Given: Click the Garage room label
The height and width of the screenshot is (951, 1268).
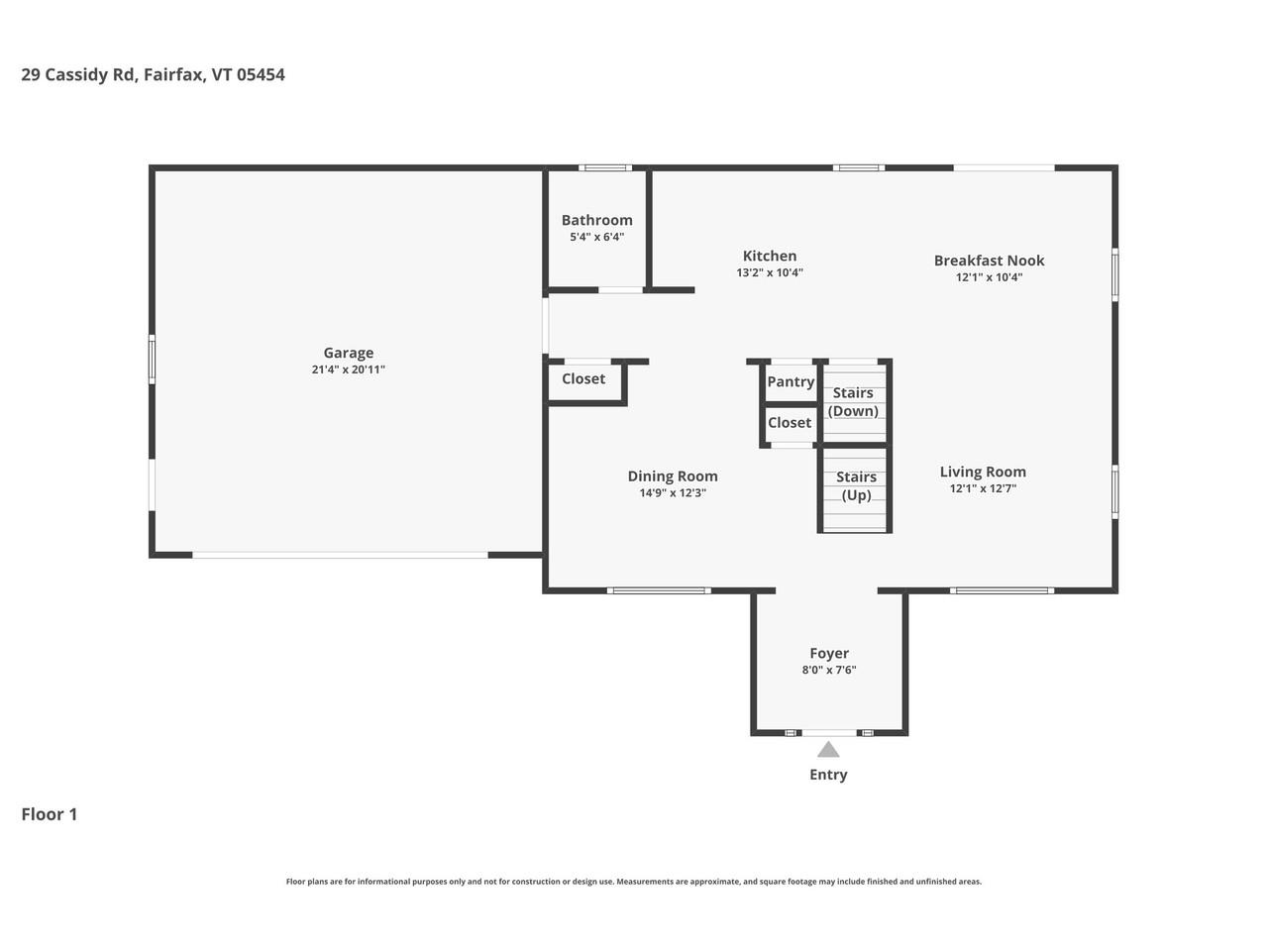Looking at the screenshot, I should click(x=348, y=353).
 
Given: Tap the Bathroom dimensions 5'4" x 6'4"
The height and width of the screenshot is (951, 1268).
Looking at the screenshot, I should click(x=596, y=238).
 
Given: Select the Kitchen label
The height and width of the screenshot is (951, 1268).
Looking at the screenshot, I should click(x=770, y=256).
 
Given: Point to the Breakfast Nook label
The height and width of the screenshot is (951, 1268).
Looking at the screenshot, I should click(x=989, y=261).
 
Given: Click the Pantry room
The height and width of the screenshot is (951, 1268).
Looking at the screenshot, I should click(x=791, y=381).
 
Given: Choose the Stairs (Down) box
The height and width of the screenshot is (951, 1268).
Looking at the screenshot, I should click(x=854, y=402).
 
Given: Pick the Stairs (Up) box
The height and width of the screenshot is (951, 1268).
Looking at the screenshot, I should click(x=856, y=486).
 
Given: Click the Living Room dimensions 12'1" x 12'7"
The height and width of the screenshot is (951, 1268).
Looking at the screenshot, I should click(x=983, y=489).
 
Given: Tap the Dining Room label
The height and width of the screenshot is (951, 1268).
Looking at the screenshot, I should click(x=673, y=475).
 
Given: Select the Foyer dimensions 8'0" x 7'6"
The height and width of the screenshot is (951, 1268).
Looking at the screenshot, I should click(x=829, y=671).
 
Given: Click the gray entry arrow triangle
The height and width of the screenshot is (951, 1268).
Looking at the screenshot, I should click(x=828, y=750).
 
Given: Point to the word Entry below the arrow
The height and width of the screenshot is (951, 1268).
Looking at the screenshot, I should click(x=828, y=775).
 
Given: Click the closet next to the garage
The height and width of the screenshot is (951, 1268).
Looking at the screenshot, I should click(x=583, y=379).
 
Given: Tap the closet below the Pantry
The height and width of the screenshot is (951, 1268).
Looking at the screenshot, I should click(x=790, y=423).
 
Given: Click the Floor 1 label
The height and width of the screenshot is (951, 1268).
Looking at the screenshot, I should click(x=50, y=814).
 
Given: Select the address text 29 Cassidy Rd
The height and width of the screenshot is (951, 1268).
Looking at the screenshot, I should click(x=79, y=74).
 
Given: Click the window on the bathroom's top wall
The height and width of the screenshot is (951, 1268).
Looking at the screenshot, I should click(x=605, y=167).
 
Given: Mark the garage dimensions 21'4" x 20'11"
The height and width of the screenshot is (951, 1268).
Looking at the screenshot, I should click(x=348, y=370).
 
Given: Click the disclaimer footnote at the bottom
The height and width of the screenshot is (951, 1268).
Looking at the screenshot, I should click(x=634, y=882).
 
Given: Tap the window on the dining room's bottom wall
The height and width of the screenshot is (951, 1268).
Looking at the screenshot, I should click(x=659, y=590).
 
